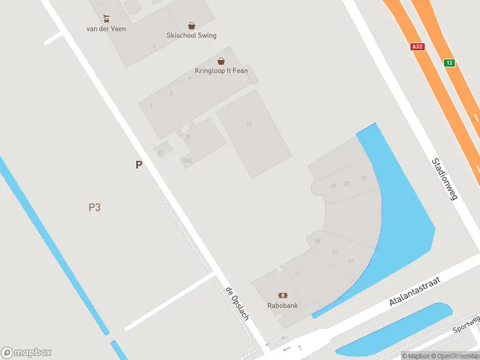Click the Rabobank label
282,305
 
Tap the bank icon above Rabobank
282,295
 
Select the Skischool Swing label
192,35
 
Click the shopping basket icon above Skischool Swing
191,26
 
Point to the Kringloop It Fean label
221,71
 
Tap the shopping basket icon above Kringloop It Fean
221,61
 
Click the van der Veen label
106,28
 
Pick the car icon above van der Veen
106,19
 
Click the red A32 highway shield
418,46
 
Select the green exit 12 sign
449,62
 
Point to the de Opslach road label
237,303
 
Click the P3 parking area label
94,208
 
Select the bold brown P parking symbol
139,165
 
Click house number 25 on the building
248,124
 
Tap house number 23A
187,160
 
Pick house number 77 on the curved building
364,179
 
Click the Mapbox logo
26,352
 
